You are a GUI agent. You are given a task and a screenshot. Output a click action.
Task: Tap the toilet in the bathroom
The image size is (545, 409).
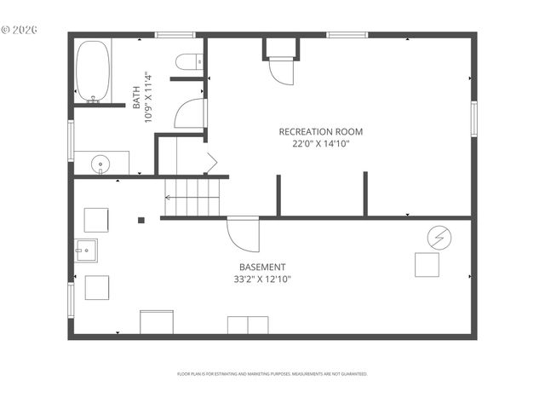click(192, 60)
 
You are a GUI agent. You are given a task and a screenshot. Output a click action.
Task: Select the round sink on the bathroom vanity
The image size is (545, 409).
click(100, 162)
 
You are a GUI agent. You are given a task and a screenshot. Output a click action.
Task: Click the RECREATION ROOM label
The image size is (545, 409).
click(321, 131)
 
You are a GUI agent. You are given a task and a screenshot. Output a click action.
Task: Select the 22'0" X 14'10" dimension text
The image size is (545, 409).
click(321, 144)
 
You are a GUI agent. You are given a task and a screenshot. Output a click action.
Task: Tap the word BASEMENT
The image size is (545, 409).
click(262, 267)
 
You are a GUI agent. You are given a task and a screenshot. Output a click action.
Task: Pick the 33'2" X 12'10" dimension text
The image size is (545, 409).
click(262, 279)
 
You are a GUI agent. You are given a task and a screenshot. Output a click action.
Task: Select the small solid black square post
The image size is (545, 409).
click(141, 221)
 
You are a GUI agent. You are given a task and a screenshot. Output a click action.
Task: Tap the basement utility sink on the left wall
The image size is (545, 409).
click(85, 250)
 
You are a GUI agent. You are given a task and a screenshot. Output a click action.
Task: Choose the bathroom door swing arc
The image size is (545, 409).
click(190, 114)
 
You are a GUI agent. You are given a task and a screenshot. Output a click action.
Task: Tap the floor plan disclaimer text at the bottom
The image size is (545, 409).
click(272, 373)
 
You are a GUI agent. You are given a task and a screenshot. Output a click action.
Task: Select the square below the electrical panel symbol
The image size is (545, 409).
click(427, 265)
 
